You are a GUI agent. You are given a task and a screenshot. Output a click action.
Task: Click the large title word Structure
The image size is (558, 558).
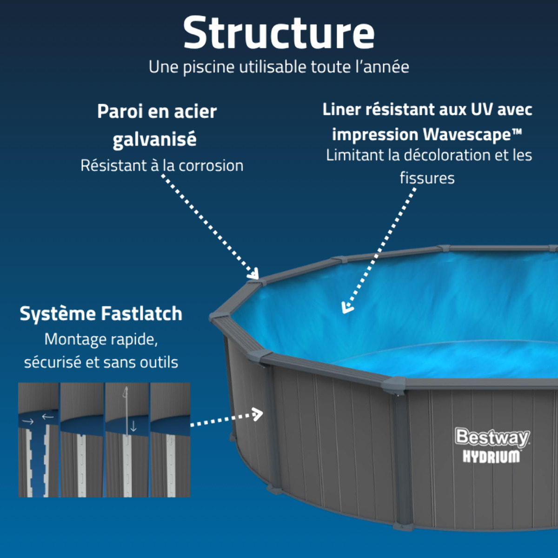tap(279, 33)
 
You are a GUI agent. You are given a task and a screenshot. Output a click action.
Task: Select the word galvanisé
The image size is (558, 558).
tap(155, 139)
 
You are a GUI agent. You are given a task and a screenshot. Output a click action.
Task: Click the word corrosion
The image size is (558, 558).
tap(211, 166)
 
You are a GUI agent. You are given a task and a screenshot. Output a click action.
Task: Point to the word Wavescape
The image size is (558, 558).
tap(467, 135)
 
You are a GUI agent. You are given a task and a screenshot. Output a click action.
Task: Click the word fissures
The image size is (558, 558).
tap(427, 178)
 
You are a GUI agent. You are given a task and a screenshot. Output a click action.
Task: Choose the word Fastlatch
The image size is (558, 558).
tap(142, 313)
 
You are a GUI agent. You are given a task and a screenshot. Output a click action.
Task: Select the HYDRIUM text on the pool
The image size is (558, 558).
tap(491, 457)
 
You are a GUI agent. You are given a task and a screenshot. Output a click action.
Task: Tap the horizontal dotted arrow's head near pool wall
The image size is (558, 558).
tap(258, 414)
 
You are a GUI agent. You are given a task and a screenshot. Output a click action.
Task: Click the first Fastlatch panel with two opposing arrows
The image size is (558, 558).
tap(39, 440)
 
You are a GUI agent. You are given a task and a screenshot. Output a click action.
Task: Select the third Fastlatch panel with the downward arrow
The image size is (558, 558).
tap(127, 440)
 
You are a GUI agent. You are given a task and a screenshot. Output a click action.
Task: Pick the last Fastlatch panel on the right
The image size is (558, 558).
tap(170, 440)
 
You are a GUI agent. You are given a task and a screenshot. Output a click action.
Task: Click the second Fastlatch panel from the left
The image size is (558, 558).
tap(82, 440)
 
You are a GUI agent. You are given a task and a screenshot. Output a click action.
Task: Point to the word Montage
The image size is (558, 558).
tap(72, 339)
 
